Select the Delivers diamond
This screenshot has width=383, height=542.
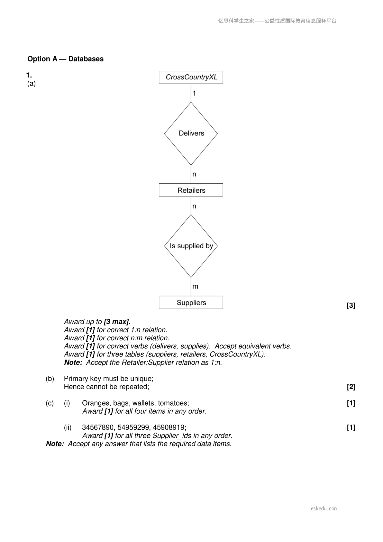[191, 133]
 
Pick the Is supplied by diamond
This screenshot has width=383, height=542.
[191, 246]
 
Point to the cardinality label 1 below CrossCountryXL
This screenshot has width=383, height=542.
[194, 93]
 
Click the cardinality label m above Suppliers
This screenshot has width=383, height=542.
[195, 286]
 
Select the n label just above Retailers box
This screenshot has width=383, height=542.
[194, 174]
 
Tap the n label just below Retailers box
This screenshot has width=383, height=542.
[194, 206]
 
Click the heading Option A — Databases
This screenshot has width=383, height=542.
[65, 59]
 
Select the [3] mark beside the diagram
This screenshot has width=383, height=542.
[351, 306]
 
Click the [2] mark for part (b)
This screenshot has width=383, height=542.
[351, 387]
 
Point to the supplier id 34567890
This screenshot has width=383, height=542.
[98, 427]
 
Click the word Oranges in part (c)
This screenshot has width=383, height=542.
[96, 403]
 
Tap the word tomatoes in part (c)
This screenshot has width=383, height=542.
[173, 403]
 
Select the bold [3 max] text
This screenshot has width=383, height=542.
[116, 322]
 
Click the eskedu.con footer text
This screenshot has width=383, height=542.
[324, 509]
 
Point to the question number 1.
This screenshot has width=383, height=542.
[29, 75]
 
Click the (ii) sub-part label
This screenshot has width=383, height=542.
[68, 427]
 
